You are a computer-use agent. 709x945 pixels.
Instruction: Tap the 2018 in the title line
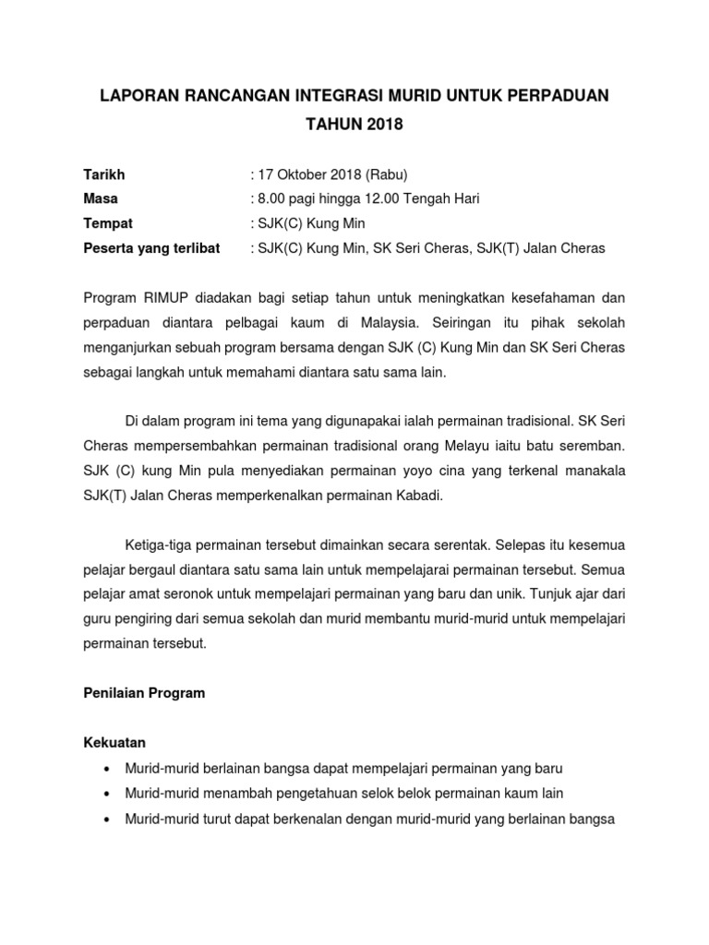click(385, 125)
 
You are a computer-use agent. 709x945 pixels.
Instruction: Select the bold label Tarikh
click(104, 174)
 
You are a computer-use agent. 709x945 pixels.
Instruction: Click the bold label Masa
click(102, 199)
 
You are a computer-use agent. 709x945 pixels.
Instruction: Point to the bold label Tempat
click(108, 224)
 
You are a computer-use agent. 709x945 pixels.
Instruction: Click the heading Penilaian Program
click(144, 694)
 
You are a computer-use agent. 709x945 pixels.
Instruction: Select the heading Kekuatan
click(114, 743)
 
